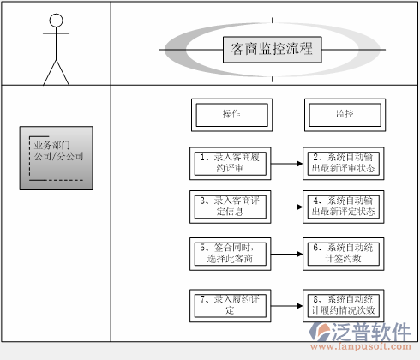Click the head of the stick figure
click(x=57, y=21)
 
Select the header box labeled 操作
click(x=231, y=114)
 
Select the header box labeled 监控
click(x=345, y=114)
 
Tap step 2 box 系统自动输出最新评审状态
click(x=344, y=162)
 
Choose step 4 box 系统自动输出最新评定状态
click(x=344, y=206)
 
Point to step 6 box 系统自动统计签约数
click(x=344, y=252)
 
